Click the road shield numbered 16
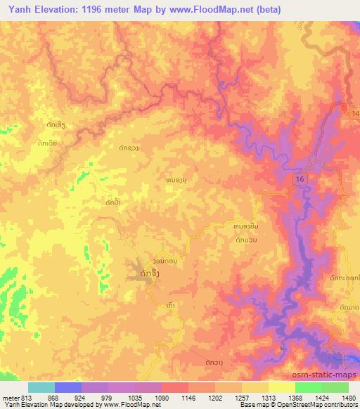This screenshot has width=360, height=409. [300, 181]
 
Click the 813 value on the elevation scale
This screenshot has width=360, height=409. [26, 397]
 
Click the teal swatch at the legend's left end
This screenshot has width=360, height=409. [41, 387]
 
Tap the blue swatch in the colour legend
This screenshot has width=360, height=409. [68, 387]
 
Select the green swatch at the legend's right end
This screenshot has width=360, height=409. [335, 387]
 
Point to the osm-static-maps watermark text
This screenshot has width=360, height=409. [330, 372]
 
